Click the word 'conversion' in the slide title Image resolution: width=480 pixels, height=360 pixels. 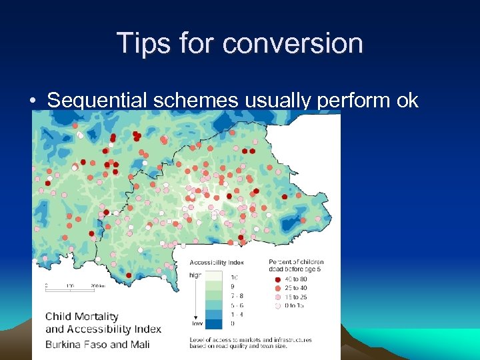[x=293, y=43]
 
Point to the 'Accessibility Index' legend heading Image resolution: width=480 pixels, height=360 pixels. [x=217, y=262]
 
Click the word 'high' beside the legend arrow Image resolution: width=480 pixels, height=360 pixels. [x=195, y=274]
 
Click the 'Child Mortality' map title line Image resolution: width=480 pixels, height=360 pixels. [x=81, y=317]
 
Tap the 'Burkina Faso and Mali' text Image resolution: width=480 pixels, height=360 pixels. [x=97, y=345]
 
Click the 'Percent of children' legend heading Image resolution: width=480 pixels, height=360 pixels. [x=296, y=261]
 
